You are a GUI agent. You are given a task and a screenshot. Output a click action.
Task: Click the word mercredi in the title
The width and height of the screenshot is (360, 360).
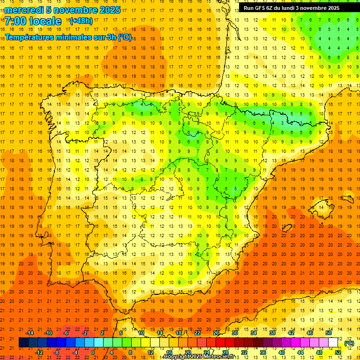25,10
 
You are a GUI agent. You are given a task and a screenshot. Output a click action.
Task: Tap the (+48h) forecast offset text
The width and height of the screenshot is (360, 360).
81,21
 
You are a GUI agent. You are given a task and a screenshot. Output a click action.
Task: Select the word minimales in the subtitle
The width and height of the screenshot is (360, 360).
68,37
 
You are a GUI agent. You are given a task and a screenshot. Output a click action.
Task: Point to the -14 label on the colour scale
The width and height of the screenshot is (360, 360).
30,333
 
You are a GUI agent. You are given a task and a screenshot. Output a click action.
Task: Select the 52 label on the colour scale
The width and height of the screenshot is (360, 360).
338,352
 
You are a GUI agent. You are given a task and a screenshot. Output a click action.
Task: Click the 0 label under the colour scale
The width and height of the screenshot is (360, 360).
93,352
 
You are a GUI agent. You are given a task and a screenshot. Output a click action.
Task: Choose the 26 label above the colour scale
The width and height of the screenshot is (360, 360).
216,333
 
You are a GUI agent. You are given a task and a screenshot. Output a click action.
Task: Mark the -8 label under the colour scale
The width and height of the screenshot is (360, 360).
56,352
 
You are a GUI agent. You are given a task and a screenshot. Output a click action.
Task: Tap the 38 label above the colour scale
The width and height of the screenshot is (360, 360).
272,333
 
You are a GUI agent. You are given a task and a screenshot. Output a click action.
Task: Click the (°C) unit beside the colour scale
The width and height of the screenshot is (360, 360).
349,343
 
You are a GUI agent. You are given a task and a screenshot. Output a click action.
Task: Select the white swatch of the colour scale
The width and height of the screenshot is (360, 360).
333,343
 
